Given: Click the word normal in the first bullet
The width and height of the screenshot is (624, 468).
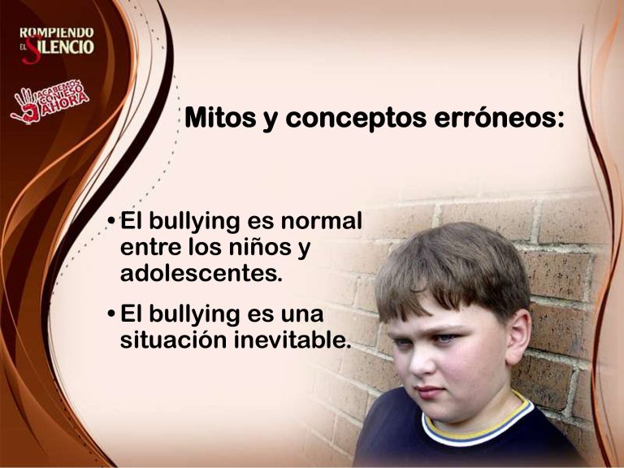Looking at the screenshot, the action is [x=322, y=221].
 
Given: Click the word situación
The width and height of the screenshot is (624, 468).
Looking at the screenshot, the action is [x=174, y=340].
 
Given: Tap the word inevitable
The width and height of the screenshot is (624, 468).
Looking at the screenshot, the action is [x=292, y=340].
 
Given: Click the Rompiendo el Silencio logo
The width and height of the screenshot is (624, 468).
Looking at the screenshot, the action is [x=57, y=45].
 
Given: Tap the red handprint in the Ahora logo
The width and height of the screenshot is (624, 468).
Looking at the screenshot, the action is [x=26, y=106].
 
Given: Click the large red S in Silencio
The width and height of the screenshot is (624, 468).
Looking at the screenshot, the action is [x=32, y=50].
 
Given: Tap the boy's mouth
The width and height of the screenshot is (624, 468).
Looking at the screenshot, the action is [x=427, y=392].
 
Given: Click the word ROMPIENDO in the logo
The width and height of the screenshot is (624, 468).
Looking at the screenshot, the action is [x=57, y=32].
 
